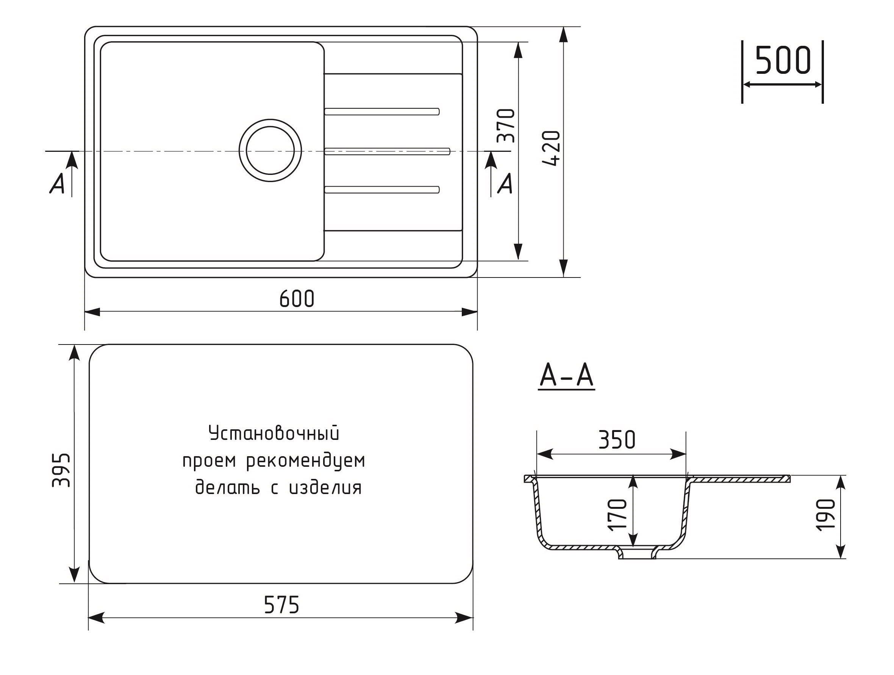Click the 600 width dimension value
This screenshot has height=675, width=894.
[x=297, y=299]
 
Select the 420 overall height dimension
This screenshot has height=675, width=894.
[x=551, y=148]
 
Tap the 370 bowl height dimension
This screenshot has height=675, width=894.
[x=506, y=126]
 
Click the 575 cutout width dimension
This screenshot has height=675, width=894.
[x=281, y=605]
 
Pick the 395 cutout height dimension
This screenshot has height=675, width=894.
[x=61, y=470]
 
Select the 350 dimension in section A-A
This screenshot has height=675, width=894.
[x=617, y=440]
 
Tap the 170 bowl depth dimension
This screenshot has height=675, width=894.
[x=617, y=514]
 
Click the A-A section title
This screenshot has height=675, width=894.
[x=567, y=376]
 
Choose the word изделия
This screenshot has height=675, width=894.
[x=325, y=488]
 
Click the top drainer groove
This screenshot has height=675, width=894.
[x=382, y=111]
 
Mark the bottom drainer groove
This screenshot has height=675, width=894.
[x=382, y=189]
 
